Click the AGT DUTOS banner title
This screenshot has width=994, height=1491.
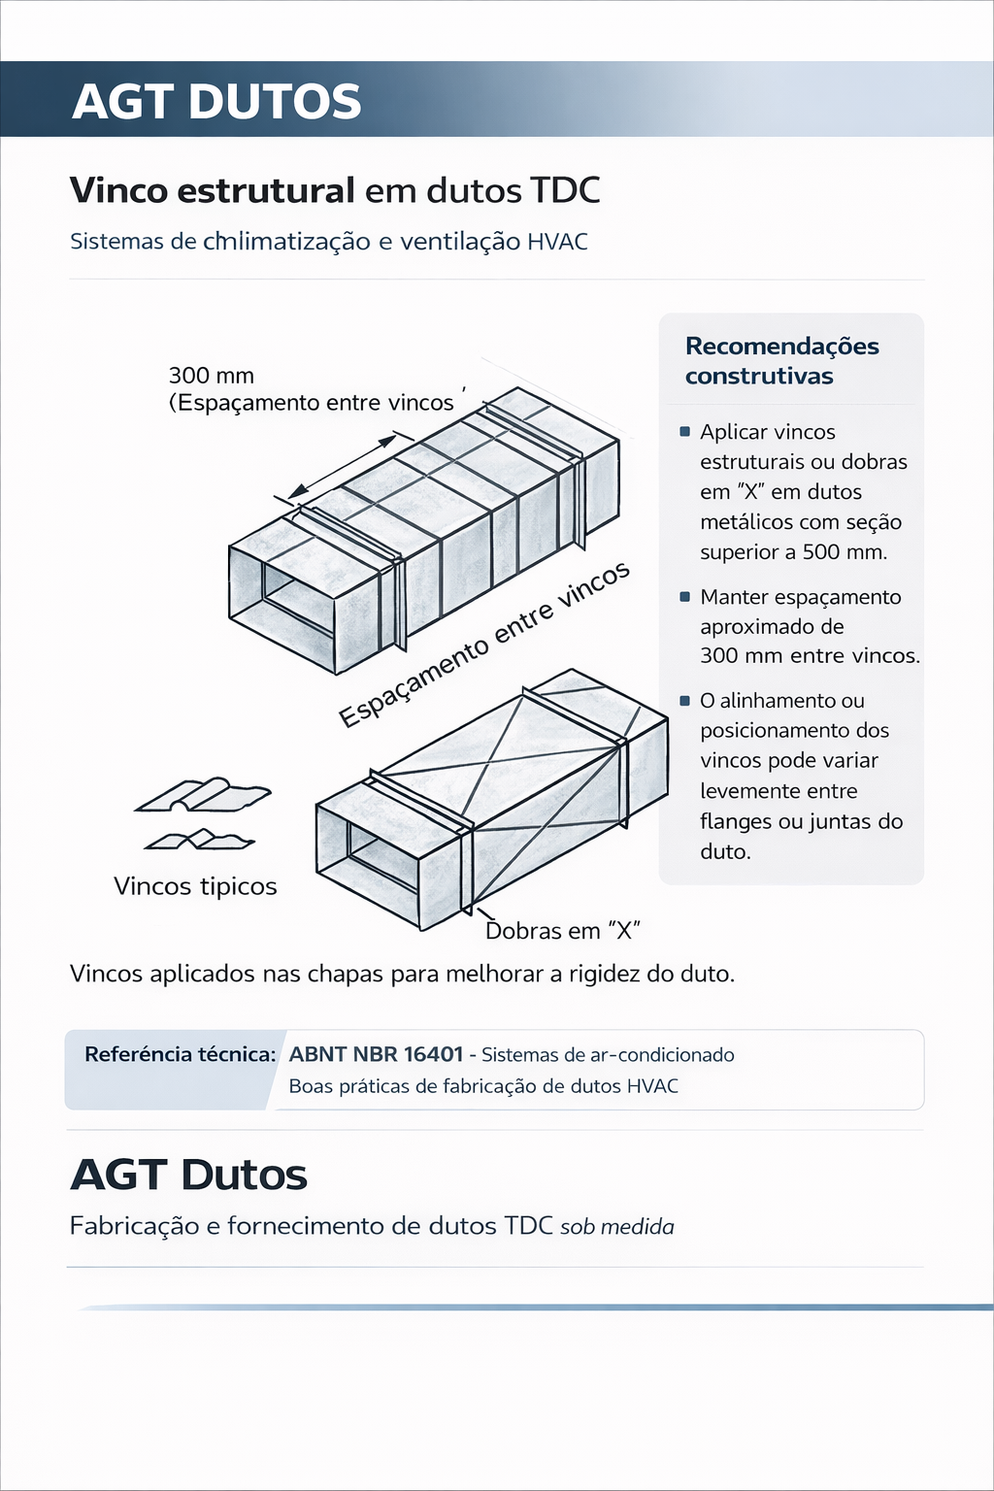[216, 101]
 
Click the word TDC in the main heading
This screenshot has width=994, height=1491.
[565, 190]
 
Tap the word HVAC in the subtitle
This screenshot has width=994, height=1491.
[557, 242]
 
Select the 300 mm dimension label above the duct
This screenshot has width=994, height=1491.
[211, 376]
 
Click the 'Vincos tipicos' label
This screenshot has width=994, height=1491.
[195, 886]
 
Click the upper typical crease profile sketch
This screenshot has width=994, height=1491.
[203, 795]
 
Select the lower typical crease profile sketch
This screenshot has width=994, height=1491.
[200, 840]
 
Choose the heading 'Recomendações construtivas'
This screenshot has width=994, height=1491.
[781, 361]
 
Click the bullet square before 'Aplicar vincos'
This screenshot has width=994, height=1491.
[685, 432]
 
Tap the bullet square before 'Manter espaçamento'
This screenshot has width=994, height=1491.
[685, 597]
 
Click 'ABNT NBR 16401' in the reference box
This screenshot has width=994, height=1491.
[376, 1054]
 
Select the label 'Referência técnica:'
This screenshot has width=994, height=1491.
[181, 1054]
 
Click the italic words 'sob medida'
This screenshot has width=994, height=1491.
[616, 1227]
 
